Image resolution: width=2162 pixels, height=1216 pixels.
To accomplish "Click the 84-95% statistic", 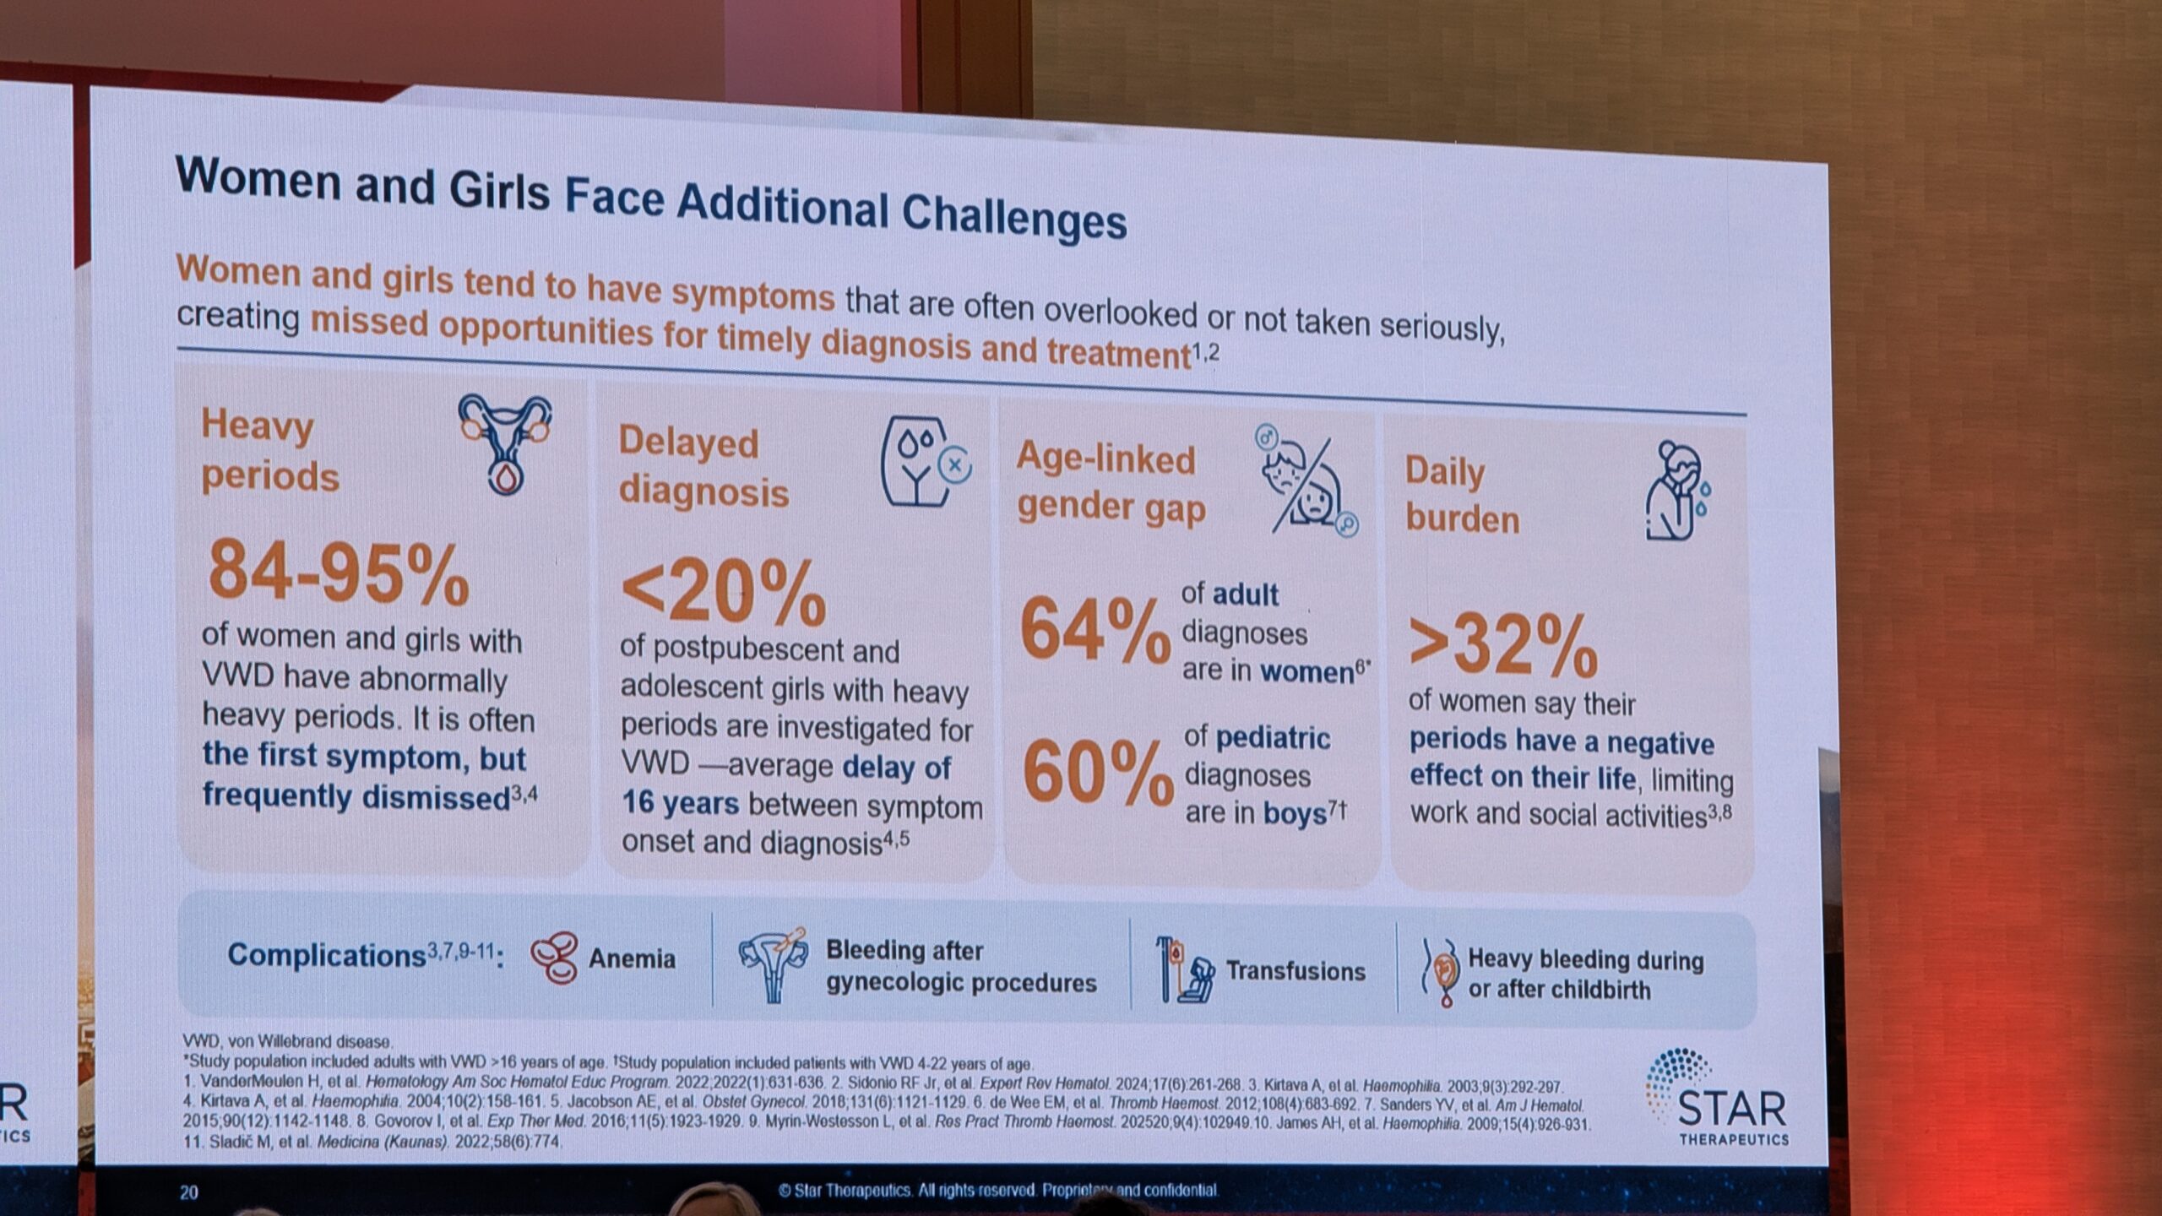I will click(x=338, y=573).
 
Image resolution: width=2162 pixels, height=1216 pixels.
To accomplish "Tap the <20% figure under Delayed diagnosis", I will click(x=723, y=592).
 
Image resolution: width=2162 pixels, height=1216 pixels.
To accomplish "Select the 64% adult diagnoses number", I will click(x=1095, y=630).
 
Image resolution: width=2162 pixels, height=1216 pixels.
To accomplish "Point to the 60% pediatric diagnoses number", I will click(x=1097, y=773).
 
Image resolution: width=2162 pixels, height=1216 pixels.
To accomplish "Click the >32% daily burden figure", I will click(x=1502, y=647).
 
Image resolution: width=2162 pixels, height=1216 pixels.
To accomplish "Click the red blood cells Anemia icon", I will click(x=554, y=958).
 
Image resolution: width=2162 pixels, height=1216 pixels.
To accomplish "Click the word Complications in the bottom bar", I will click(x=326, y=955).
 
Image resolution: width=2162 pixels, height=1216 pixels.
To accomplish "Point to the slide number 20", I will click(x=188, y=1192).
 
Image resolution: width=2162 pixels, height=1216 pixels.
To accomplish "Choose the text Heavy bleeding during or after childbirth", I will click(x=1584, y=974).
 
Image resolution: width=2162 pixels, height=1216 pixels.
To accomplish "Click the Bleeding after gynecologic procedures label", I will click(x=960, y=967).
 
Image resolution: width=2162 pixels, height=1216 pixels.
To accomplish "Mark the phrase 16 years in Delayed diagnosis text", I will click(x=680, y=802).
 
